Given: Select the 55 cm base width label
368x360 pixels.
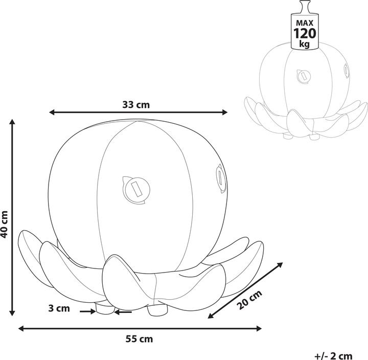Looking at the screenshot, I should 139,339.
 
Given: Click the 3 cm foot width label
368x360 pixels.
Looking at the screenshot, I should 59,308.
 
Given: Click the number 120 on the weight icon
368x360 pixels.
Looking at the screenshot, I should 305,34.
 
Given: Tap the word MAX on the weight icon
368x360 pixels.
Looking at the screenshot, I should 305,23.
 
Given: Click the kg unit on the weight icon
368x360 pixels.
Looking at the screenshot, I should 305,45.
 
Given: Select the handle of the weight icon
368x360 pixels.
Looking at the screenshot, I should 305,7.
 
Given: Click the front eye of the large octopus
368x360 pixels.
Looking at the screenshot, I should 134,188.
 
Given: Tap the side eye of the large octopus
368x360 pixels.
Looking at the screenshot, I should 219,177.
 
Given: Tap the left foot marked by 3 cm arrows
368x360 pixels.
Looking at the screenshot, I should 104,309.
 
